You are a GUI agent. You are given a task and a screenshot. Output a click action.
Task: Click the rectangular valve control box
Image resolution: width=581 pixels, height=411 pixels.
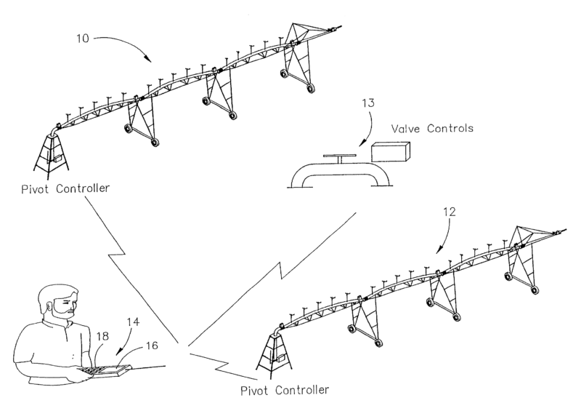coord(390,151)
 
